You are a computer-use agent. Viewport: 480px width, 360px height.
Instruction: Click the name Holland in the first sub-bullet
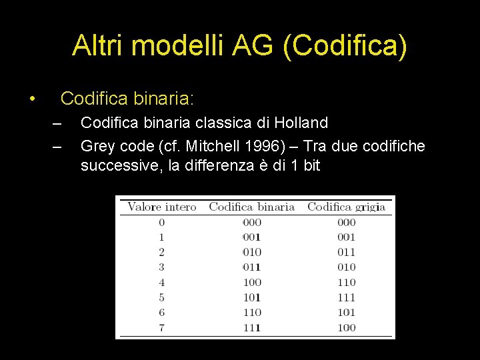tap(302, 123)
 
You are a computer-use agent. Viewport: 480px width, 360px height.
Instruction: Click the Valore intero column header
tap(162, 207)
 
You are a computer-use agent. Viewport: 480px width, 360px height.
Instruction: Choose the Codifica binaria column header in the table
tap(251, 207)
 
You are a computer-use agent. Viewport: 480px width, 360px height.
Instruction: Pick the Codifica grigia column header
tap(346, 207)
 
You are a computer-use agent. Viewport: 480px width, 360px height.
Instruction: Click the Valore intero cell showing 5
tap(162, 297)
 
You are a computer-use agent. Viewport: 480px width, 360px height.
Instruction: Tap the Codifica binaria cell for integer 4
tap(252, 282)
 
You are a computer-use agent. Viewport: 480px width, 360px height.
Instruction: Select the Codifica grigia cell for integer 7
tap(346, 327)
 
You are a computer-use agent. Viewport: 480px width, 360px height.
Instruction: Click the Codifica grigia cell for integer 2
tap(346, 252)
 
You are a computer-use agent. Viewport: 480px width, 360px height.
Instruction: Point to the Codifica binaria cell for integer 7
tap(252, 327)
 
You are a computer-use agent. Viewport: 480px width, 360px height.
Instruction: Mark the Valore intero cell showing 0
tap(162, 222)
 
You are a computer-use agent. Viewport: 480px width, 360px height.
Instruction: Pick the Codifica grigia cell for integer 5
tap(346, 297)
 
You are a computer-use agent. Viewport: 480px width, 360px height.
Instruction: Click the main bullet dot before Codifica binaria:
tap(31, 100)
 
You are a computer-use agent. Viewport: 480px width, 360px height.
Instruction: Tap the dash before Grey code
tap(57, 145)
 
